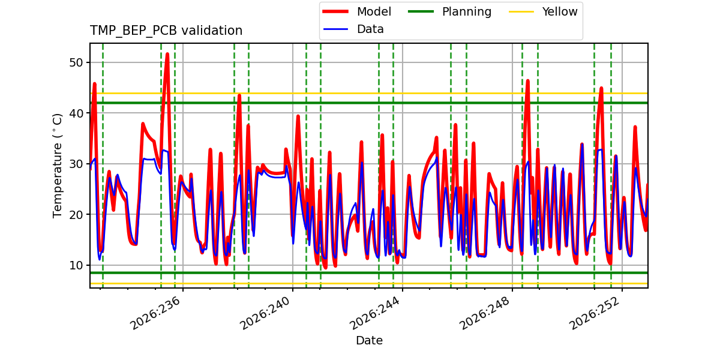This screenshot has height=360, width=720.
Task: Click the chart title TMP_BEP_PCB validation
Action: [166, 31]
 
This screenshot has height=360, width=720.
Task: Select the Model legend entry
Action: [357, 11]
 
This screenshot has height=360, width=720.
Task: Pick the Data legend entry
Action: [353, 29]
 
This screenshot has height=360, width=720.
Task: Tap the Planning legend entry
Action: [449, 11]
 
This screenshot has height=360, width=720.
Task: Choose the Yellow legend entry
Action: [543, 11]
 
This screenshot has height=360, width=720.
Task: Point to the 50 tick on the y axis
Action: [76, 62]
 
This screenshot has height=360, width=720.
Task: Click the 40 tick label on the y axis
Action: [76, 113]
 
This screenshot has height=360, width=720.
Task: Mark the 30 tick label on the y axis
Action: [76, 164]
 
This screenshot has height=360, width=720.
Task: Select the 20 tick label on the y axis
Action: [76, 214]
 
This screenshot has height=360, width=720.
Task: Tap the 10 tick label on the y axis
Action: [76, 265]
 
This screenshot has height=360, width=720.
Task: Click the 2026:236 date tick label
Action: [155, 313]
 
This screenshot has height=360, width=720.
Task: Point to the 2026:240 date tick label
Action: [265, 313]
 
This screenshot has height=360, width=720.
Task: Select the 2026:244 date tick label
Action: [375, 313]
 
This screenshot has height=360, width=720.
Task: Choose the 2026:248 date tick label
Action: [485, 313]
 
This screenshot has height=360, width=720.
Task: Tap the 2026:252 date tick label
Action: [595, 313]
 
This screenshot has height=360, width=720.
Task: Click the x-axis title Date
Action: [369, 340]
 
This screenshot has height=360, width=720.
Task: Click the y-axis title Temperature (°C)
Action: [57, 166]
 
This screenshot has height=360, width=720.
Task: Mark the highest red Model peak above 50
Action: [167, 55]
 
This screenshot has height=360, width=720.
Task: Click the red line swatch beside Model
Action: [335, 11]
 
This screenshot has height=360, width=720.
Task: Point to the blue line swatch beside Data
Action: [335, 29]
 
